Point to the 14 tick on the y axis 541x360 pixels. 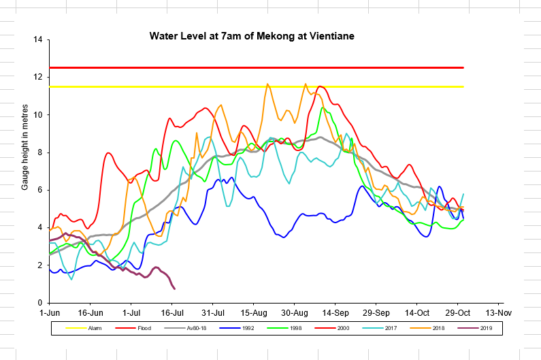(x=37, y=39)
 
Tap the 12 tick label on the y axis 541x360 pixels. (x=37, y=77)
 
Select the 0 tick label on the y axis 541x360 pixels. (x=39, y=302)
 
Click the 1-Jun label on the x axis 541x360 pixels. (x=50, y=313)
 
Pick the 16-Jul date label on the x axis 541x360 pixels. (x=173, y=313)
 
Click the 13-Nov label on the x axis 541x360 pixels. (x=498, y=313)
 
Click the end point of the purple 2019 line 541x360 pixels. (x=175, y=289)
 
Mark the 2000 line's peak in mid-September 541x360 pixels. (x=320, y=86)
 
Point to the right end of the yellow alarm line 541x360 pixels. (x=463, y=86)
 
